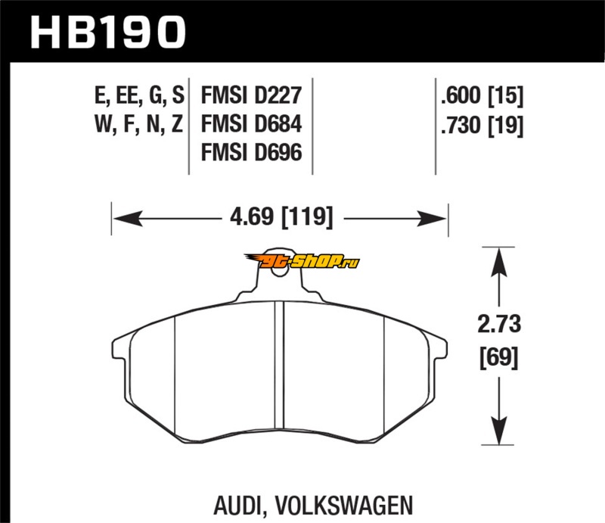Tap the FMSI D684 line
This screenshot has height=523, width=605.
[251, 125]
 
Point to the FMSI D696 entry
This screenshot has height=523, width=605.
[251, 153]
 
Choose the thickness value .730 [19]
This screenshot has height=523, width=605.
[481, 125]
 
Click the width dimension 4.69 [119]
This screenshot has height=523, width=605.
[280, 218]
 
